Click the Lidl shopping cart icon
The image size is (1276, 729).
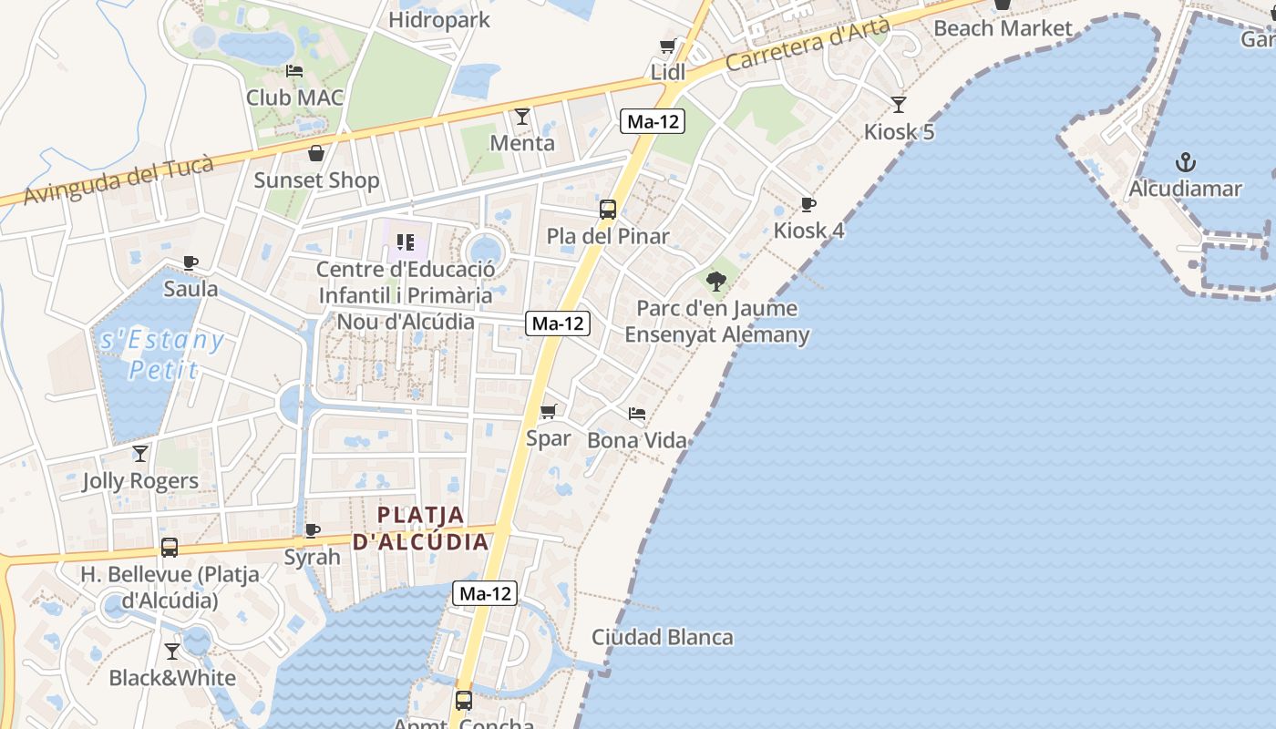pyautogui.click(x=667, y=46)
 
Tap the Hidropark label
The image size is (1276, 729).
pyautogui.click(x=438, y=19)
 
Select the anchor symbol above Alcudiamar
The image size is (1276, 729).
pyautogui.click(x=1185, y=163)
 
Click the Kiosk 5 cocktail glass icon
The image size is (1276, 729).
pyautogui.click(x=899, y=105)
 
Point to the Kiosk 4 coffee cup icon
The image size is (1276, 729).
pyautogui.click(x=808, y=204)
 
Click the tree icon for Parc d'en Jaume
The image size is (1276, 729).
pyautogui.click(x=716, y=281)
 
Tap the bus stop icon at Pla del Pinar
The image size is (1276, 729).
pyautogui.click(x=608, y=210)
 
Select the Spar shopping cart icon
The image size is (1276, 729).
pyautogui.click(x=548, y=412)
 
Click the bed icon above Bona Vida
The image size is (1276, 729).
pyautogui.click(x=637, y=415)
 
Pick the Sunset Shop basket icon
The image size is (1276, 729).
pyautogui.click(x=315, y=153)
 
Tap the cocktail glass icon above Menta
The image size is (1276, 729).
pyautogui.click(x=522, y=117)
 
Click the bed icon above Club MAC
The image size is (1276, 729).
pyautogui.click(x=293, y=71)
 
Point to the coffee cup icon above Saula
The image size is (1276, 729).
pyautogui.click(x=190, y=263)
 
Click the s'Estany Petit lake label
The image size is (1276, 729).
pyautogui.click(x=162, y=354)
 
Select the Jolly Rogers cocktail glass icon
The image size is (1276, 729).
pyautogui.click(x=140, y=454)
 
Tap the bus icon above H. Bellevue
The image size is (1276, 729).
pyautogui.click(x=170, y=548)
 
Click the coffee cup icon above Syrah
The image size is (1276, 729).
pyautogui.click(x=312, y=530)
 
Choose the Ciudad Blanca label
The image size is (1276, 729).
pyautogui.click(x=662, y=637)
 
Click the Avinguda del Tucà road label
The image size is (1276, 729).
pyautogui.click(x=118, y=180)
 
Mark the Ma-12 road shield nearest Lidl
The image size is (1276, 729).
pyautogui.click(x=653, y=121)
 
